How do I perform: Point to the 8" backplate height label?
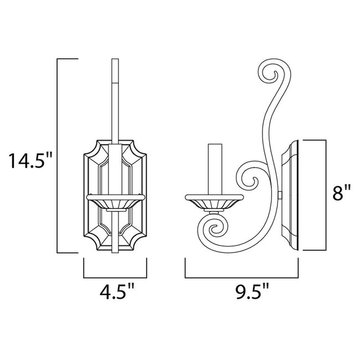coord(341,193)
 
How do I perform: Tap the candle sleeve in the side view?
coord(214,169)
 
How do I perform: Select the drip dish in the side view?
coord(214,197)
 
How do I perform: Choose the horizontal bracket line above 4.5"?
coord(116,277)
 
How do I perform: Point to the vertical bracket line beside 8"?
coord(325,194)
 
